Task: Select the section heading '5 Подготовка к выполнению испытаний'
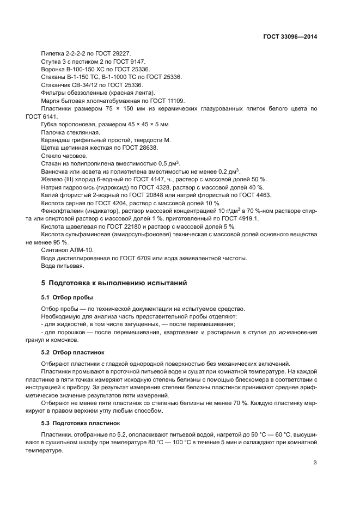(x=114, y=283)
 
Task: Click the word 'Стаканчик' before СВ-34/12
(x=57, y=85)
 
